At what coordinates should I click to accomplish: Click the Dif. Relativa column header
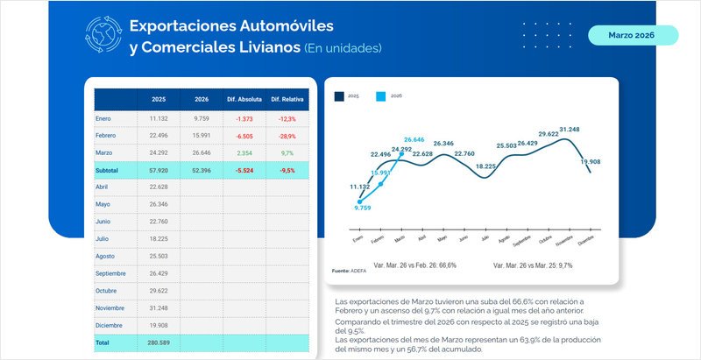[287, 99]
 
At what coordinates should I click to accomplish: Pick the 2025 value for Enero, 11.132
[158, 118]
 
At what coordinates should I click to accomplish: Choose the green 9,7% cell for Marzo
[288, 152]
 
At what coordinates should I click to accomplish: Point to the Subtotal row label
[108, 170]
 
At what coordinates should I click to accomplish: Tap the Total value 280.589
[158, 342]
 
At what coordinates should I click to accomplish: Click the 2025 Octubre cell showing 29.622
[158, 290]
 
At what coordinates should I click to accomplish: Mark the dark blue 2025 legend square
[339, 95]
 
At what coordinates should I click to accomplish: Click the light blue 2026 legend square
[380, 95]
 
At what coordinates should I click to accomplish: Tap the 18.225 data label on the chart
[485, 166]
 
